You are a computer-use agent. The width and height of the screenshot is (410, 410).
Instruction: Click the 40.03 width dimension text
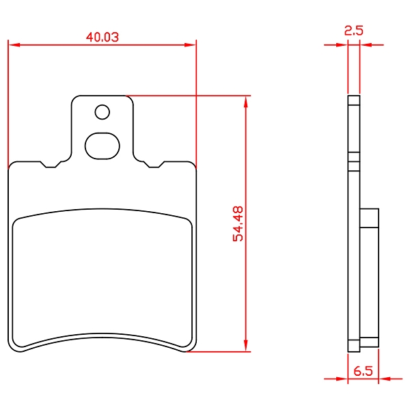tap(102, 37)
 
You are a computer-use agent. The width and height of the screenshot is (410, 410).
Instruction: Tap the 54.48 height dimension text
tap(238, 223)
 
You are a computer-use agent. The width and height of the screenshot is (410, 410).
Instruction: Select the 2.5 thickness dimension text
tap(353, 31)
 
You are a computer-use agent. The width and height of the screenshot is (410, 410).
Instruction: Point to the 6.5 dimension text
tap(363, 371)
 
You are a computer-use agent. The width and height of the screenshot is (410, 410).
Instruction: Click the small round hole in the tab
tap(102, 112)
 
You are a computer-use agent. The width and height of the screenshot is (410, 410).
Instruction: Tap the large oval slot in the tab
tap(102, 146)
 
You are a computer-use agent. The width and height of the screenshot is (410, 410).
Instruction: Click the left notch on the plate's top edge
tap(51, 165)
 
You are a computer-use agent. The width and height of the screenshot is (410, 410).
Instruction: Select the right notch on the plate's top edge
tap(154, 165)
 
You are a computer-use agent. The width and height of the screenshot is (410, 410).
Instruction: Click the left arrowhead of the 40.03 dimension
tap(14, 45)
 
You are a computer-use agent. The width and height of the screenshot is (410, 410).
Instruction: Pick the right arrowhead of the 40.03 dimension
tap(190, 45)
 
